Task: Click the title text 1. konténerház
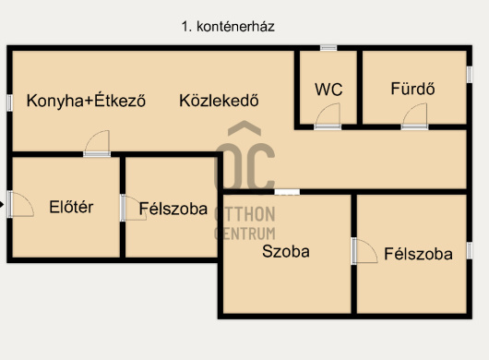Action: point(228,27)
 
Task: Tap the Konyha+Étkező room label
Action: point(86,101)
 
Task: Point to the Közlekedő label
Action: point(219,101)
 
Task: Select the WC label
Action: point(328,90)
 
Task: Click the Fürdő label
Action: point(413,89)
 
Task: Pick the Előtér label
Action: point(71,207)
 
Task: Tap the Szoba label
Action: point(286,251)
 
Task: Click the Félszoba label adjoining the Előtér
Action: point(173,209)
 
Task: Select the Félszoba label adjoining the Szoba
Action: point(419,254)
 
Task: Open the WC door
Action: point(328,116)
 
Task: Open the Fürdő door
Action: point(414,116)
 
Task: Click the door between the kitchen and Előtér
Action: point(97,143)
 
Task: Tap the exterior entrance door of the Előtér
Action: point(20,204)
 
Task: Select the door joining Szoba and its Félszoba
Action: point(364,251)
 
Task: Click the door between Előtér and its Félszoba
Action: point(134,208)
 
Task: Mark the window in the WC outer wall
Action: point(328,48)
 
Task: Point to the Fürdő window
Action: point(470,75)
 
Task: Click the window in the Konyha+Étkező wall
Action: point(10,103)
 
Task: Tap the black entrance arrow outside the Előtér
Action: point(2,205)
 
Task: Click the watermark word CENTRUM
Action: point(245,234)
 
